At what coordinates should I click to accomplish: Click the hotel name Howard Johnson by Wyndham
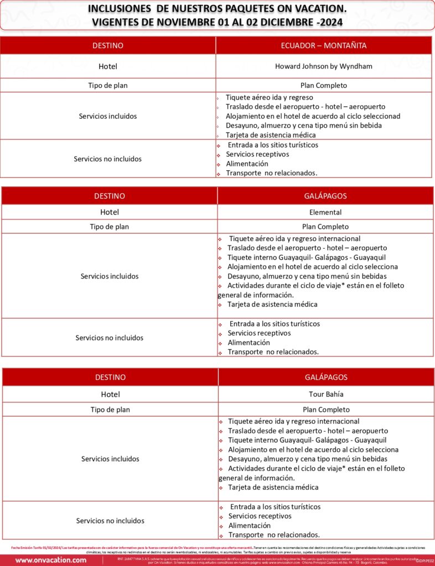click(324, 66)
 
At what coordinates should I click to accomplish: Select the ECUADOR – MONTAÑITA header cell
click(324, 45)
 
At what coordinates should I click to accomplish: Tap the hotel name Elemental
click(325, 212)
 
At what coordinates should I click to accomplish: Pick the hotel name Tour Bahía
click(326, 395)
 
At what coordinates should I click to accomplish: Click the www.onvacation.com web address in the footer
click(51, 560)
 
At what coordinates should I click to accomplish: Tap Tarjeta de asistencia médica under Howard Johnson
click(271, 135)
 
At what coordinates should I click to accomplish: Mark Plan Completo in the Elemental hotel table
click(325, 227)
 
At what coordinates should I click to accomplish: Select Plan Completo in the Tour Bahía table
click(326, 410)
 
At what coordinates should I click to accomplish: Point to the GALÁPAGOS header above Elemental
click(325, 196)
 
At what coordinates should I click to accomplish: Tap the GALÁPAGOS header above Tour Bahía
click(326, 377)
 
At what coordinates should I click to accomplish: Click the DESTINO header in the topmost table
click(108, 45)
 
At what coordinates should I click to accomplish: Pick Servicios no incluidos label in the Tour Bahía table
click(110, 521)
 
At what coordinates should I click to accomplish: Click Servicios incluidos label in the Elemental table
click(110, 276)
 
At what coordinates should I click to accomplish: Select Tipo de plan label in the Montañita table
click(108, 86)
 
